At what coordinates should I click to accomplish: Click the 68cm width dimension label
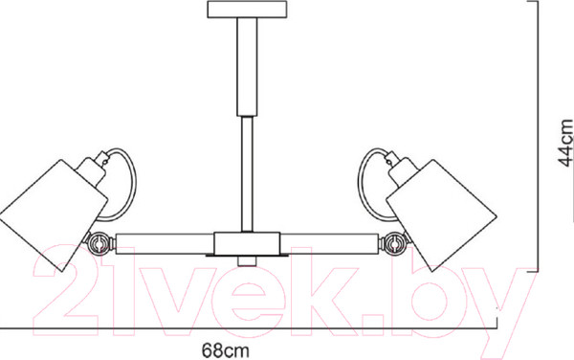pos(225,350)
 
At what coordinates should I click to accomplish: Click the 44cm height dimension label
pos(564,143)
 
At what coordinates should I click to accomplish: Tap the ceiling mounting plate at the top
pos(247,10)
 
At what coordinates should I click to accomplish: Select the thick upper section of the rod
pos(247,67)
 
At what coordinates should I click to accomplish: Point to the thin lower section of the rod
pos(247,174)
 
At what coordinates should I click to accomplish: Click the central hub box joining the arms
pos(247,244)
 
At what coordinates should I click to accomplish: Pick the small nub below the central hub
pos(247,261)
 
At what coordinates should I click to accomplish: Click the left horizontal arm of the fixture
pos(165,243)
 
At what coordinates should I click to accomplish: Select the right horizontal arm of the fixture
pos(329,243)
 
